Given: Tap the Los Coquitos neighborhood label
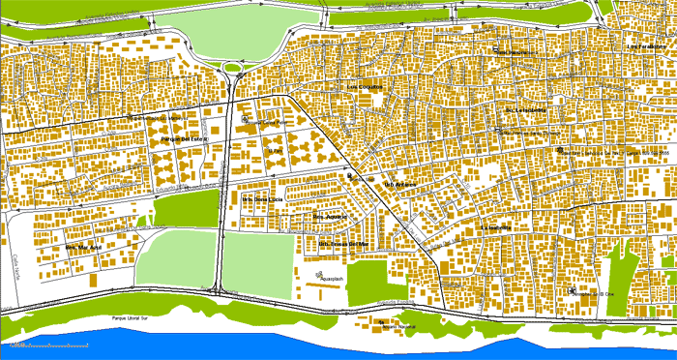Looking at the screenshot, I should (365, 86).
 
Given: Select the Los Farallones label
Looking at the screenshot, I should (646, 46).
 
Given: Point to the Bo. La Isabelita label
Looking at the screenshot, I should (525, 109).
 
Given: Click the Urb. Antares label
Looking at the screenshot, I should (400, 184).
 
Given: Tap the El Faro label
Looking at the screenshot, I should (275, 151).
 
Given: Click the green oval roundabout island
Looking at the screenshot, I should (233, 68).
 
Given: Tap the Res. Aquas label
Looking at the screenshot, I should (328, 216).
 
